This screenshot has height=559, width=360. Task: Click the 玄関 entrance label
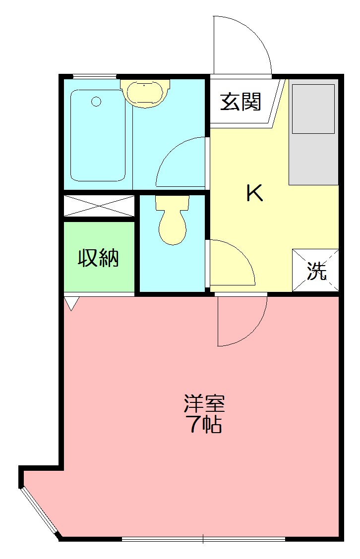[x=240, y=102]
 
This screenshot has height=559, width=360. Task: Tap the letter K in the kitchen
[x=255, y=193]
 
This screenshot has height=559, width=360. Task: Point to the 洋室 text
[x=204, y=404]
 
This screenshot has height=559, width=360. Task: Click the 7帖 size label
[x=204, y=425]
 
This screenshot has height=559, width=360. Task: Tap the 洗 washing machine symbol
[x=316, y=271]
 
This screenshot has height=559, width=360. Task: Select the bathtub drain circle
[x=96, y=102]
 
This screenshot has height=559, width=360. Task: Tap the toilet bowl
[x=172, y=227]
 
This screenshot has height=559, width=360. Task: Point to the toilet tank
[x=172, y=202]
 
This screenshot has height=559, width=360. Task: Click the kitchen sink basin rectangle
[x=313, y=109]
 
